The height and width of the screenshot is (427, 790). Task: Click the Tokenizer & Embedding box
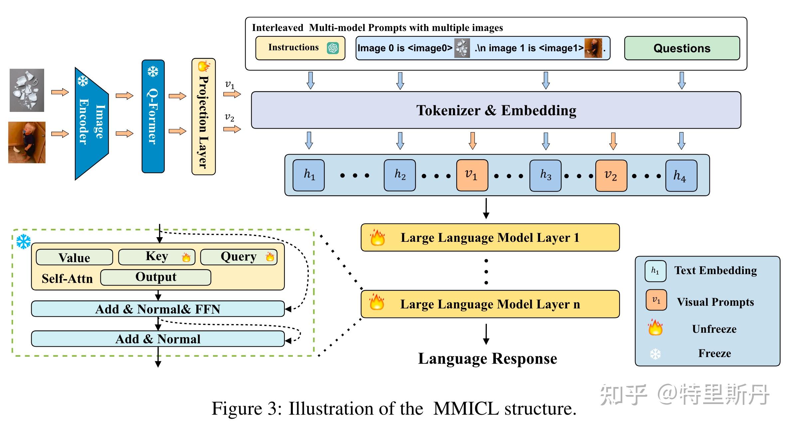pyautogui.click(x=496, y=110)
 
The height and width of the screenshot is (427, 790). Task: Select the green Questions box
pyautogui.click(x=682, y=48)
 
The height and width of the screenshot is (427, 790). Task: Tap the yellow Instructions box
pyautogui.click(x=300, y=48)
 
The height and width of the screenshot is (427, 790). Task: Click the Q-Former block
pyautogui.click(x=153, y=117)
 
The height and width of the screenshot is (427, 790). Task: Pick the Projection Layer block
pyautogui.click(x=204, y=117)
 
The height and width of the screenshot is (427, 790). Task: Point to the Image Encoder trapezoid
pyautogui.click(x=92, y=123)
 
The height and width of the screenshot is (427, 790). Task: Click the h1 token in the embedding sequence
pyautogui.click(x=308, y=175)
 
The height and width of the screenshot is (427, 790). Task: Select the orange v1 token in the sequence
pyautogui.click(x=472, y=175)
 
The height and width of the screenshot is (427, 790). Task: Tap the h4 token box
pyautogui.click(x=681, y=176)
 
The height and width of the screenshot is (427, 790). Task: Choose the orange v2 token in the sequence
pyautogui.click(x=611, y=175)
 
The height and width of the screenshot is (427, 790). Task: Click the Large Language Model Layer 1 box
pyautogui.click(x=490, y=237)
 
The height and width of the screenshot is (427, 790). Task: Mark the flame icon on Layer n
pyautogui.click(x=377, y=302)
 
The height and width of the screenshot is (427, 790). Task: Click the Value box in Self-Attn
pyautogui.click(x=74, y=257)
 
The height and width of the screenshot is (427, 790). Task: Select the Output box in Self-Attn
pyautogui.click(x=156, y=277)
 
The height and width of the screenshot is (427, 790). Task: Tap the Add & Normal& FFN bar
pyautogui.click(x=158, y=309)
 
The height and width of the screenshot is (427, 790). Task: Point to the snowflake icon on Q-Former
pyautogui.click(x=153, y=72)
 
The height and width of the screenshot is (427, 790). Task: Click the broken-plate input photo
pyautogui.click(x=27, y=90)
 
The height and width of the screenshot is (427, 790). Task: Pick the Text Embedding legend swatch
pyautogui.click(x=655, y=271)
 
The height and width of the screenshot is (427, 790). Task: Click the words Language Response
pyautogui.click(x=488, y=359)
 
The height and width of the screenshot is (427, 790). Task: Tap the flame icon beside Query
pyautogui.click(x=270, y=257)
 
